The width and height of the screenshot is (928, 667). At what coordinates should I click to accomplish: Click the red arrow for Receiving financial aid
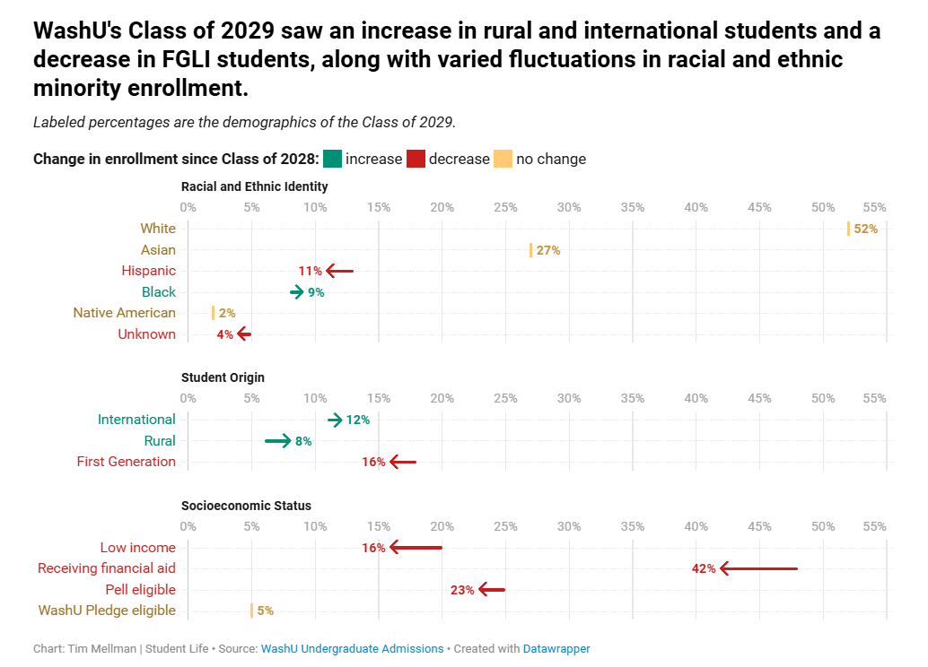(758, 568)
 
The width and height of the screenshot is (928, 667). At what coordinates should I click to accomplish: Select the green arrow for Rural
(278, 441)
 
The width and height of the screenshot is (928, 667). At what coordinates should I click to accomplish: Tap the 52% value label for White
(865, 229)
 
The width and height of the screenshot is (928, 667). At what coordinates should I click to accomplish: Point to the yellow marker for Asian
(531, 250)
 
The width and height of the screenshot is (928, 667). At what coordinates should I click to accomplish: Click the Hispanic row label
(149, 271)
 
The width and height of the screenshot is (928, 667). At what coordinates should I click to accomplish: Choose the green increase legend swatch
(333, 159)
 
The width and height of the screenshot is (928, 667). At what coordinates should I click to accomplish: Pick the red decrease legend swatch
(416, 159)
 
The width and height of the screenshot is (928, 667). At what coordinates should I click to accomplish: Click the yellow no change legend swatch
(503, 159)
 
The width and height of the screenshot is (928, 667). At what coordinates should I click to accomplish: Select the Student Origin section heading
(223, 377)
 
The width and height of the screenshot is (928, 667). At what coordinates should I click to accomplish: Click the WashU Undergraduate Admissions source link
(352, 648)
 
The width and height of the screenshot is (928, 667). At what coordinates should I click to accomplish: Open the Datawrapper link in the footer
(556, 648)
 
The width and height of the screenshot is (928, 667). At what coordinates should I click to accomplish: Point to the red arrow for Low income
(416, 548)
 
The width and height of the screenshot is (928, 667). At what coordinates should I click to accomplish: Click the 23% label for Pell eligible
(462, 590)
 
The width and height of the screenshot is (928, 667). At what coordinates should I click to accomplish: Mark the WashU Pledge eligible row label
(107, 611)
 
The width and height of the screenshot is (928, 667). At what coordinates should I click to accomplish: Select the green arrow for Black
(297, 292)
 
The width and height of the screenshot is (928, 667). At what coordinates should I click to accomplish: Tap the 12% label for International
(358, 420)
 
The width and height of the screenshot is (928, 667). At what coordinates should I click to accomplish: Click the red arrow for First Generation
(403, 463)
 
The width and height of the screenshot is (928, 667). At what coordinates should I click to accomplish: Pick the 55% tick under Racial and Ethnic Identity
(875, 207)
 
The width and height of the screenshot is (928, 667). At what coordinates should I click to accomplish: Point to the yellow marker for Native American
(214, 313)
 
